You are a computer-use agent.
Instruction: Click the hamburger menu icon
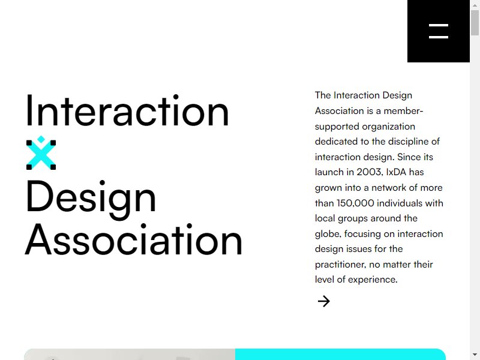439,31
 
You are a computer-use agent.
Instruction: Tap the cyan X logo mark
41,153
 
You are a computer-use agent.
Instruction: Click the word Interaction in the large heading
127,110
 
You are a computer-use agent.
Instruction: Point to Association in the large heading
133,239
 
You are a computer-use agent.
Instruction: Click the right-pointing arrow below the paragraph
324,301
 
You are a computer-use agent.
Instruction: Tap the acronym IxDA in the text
396,172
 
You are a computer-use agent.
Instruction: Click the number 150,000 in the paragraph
355,203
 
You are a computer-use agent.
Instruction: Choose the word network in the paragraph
388,188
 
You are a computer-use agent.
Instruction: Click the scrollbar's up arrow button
475,5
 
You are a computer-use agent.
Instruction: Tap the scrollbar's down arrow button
475,355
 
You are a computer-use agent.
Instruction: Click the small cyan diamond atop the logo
41,139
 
